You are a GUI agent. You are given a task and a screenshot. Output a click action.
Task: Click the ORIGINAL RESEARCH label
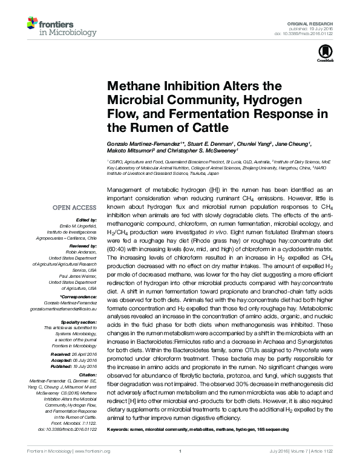click(314, 22)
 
